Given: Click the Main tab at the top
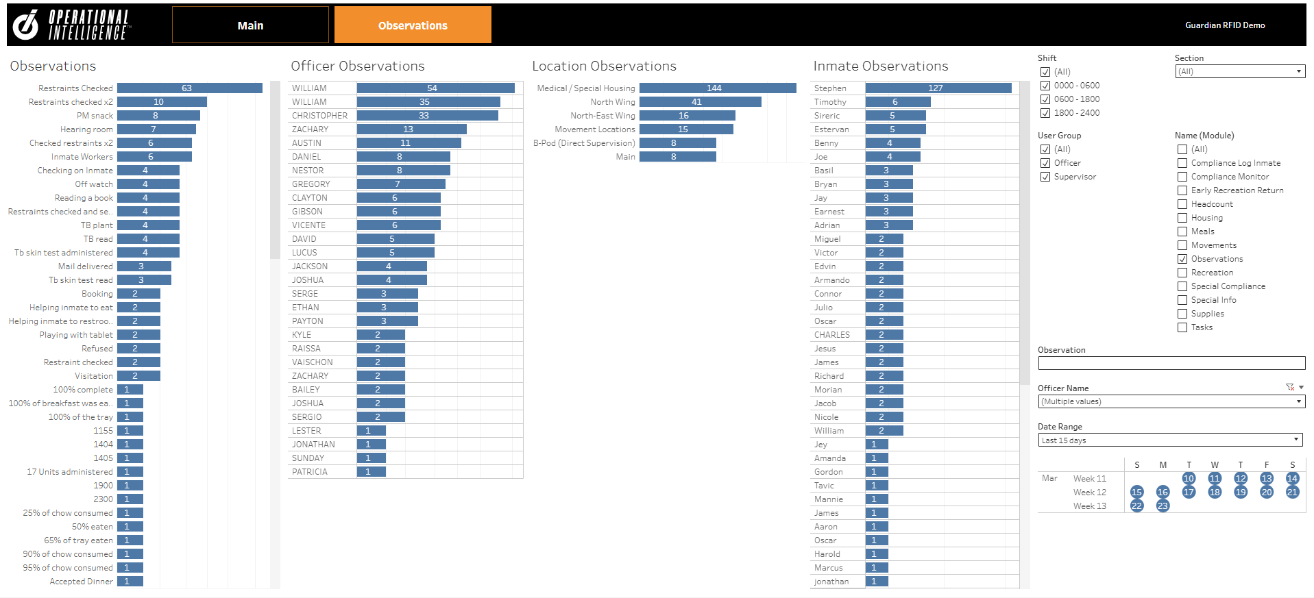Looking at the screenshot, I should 250,25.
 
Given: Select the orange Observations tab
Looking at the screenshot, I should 413,25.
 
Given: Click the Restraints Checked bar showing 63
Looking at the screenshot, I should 189,88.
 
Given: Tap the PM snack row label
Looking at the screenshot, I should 95,116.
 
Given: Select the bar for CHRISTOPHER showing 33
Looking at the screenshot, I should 427,116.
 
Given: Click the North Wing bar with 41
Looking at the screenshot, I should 700,102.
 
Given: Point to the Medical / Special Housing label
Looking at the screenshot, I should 585,88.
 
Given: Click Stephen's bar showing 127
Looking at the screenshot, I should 938,88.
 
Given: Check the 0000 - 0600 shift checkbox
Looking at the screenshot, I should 1045,86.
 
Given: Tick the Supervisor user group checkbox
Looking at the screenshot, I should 1045,177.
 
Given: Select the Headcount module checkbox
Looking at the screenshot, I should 1182,204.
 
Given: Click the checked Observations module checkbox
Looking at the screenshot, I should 1182,259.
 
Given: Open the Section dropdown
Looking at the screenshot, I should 1239,71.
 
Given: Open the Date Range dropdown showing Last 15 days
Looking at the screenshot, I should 1169,440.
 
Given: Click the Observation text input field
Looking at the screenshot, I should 1171,363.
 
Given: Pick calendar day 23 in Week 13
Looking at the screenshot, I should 1163,506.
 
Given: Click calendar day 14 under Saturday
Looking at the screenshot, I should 1292,479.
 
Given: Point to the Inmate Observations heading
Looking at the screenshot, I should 880,66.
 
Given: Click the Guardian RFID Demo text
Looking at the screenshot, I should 1225,25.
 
